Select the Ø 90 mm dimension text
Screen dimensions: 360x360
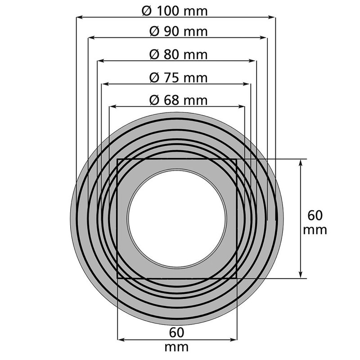178,32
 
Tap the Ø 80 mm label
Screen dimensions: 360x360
178,54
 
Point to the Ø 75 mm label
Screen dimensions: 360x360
178,77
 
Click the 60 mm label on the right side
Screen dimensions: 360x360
315,222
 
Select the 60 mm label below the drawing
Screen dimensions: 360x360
177,340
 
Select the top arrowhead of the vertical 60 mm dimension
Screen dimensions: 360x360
301,162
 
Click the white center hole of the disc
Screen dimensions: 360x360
177,219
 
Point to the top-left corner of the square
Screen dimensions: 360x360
117,159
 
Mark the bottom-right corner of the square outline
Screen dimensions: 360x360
237,278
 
